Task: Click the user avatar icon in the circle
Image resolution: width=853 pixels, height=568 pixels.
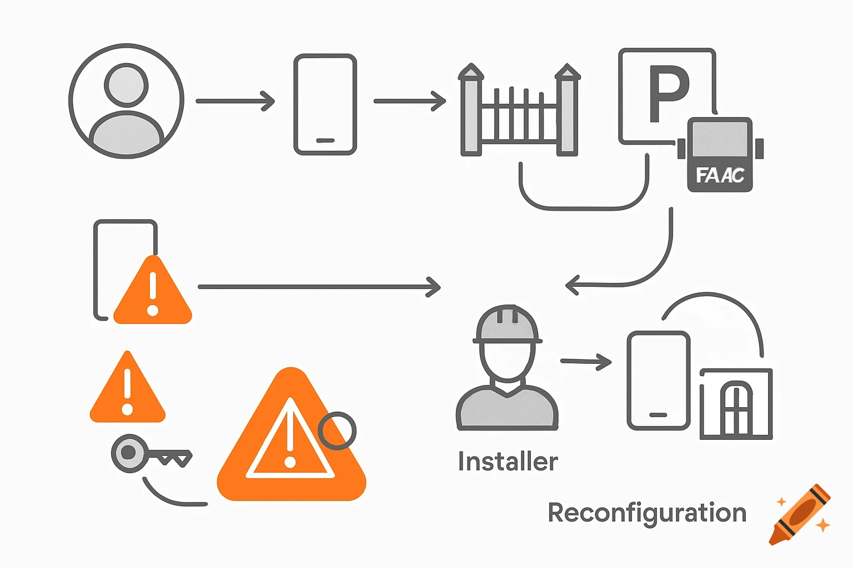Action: point(127,102)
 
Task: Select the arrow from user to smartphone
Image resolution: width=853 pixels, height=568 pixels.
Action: point(235,102)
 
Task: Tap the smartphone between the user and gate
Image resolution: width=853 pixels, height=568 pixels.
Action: point(325,104)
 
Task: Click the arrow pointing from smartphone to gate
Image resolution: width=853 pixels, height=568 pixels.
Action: point(410,102)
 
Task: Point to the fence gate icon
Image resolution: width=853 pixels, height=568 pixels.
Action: point(519,111)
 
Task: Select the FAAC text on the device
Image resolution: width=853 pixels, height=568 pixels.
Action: point(720,175)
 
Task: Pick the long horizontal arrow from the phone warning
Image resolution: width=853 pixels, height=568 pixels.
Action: point(319,287)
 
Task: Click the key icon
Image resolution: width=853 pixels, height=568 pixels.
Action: point(150,454)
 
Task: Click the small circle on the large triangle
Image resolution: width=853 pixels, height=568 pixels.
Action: point(337,430)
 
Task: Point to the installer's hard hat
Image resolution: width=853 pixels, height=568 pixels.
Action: point(507,324)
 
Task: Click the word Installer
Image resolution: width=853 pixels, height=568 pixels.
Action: point(508,461)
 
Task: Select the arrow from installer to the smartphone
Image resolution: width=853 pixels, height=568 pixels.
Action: point(586,362)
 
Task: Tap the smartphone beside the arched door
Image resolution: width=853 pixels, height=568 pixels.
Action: point(658,381)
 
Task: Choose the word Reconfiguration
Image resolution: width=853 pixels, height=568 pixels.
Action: point(647,513)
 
